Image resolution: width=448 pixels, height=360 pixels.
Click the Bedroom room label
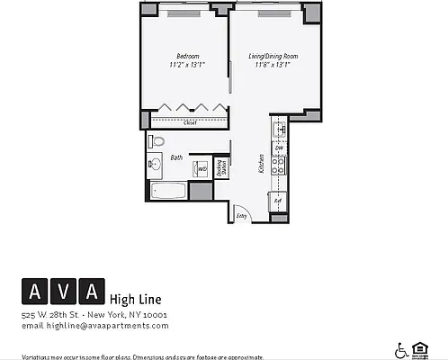click(187, 56)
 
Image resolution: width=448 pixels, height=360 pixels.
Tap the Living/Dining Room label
click(273, 56)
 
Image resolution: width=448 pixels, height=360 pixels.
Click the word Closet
click(190, 123)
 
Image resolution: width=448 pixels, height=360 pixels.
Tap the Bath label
click(176, 157)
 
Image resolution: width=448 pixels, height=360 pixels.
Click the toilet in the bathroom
click(157, 141)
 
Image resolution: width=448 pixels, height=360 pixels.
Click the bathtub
click(169, 191)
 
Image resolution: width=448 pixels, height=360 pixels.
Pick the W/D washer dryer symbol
click(202, 168)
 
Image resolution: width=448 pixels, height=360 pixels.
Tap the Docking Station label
click(221, 168)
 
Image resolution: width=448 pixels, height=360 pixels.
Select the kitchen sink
click(280, 130)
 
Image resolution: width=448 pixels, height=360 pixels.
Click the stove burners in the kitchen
click(279, 166)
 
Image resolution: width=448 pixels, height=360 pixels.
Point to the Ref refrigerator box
click(278, 202)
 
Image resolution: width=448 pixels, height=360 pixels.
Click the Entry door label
click(241, 216)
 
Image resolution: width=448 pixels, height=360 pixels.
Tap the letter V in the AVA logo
click(63, 292)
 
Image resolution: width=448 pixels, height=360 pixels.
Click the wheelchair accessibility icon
click(400, 349)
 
